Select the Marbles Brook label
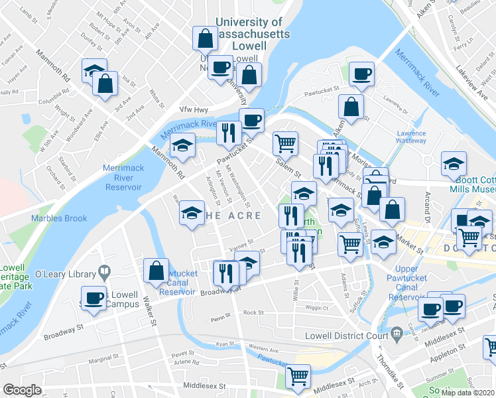point(59,218)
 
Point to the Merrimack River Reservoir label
point(123,178)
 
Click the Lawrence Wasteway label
point(411,137)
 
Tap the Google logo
point(22,390)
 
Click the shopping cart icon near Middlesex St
point(298,375)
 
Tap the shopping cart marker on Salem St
point(285,141)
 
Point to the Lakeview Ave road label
point(470,67)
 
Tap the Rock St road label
point(253,312)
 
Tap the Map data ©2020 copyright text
point(467,393)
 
